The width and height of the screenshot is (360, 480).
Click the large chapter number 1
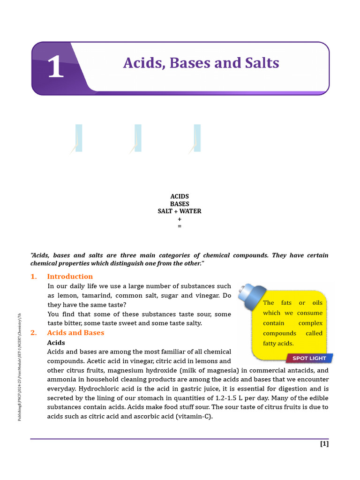55,67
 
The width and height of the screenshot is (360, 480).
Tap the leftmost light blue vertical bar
79,138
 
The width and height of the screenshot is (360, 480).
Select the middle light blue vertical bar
138,138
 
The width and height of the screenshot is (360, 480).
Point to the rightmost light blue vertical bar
197,138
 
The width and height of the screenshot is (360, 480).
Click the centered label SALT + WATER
180,211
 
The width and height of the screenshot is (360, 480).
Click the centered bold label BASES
180,204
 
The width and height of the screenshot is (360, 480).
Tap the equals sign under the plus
180,226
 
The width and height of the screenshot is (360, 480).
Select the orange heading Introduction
70,277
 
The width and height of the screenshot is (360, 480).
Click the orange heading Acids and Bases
75,333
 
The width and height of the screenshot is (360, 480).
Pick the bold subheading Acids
56,343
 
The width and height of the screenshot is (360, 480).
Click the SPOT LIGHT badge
309,358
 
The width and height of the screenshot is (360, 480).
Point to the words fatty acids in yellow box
278,344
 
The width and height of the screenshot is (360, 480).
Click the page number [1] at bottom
324,444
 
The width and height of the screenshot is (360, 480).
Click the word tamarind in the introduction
96,296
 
